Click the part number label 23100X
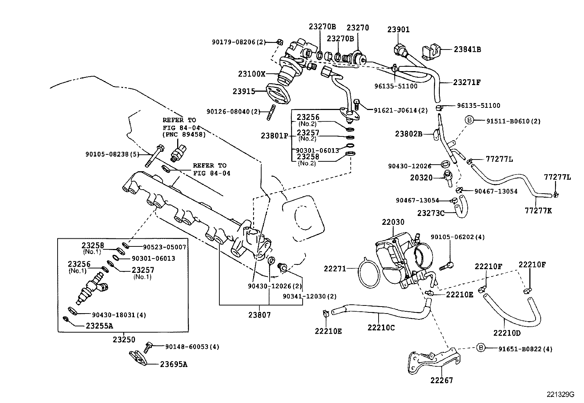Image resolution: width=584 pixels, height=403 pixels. (251, 74)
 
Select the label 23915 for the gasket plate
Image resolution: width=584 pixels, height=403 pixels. (244, 91)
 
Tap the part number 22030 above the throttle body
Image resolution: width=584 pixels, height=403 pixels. (393, 222)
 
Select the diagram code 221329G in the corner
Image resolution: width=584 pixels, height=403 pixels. (560, 395)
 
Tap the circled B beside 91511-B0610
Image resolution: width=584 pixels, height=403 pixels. (470, 120)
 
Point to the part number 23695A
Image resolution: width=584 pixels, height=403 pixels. (174, 364)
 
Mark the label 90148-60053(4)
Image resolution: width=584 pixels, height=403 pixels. (192, 347)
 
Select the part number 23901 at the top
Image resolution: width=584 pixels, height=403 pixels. (398, 30)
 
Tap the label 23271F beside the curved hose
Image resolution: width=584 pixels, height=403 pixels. (467, 83)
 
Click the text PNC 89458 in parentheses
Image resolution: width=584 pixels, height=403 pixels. (185, 134)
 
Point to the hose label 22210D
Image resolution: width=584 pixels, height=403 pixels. (507, 333)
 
